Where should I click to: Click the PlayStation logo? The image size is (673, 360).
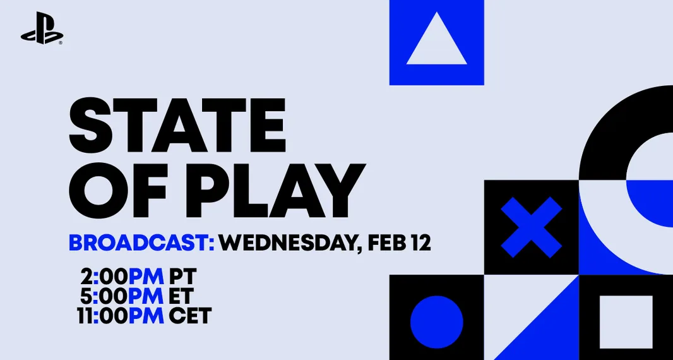pos(42,28)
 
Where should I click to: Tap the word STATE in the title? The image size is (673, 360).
pos(177,120)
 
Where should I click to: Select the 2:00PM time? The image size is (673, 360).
pos(122,277)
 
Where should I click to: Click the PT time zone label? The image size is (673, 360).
pos(182,277)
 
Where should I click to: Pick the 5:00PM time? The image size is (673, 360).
pos(122,296)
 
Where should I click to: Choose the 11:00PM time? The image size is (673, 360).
pos(121,316)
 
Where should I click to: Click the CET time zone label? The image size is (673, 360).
pos(190,316)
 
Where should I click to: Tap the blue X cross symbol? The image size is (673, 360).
pos(532,227)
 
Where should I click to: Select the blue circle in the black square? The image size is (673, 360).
pos(436,321)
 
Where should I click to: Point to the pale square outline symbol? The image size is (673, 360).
pos(626,321)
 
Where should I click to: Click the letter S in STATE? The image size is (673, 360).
pos(88,120)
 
